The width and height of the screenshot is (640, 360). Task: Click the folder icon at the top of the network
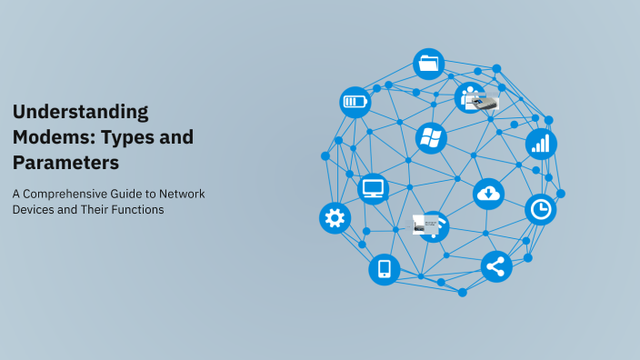pos(429,65)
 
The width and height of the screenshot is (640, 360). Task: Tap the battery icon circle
pos(355,102)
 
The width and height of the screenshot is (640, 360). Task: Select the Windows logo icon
pos(430,138)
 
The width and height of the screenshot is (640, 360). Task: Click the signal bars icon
pos(541,144)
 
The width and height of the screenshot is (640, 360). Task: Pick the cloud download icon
pos(488,193)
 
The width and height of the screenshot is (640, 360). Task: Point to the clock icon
pos(541,210)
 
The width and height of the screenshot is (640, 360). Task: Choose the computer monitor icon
pos(374,189)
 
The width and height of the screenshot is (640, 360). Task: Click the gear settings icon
pos(335,218)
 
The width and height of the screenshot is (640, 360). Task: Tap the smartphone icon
pos(384,269)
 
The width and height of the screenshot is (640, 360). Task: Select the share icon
pos(495,267)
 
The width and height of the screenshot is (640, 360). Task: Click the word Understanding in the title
pos(80,112)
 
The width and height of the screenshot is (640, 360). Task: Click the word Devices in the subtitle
pos(36,210)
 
